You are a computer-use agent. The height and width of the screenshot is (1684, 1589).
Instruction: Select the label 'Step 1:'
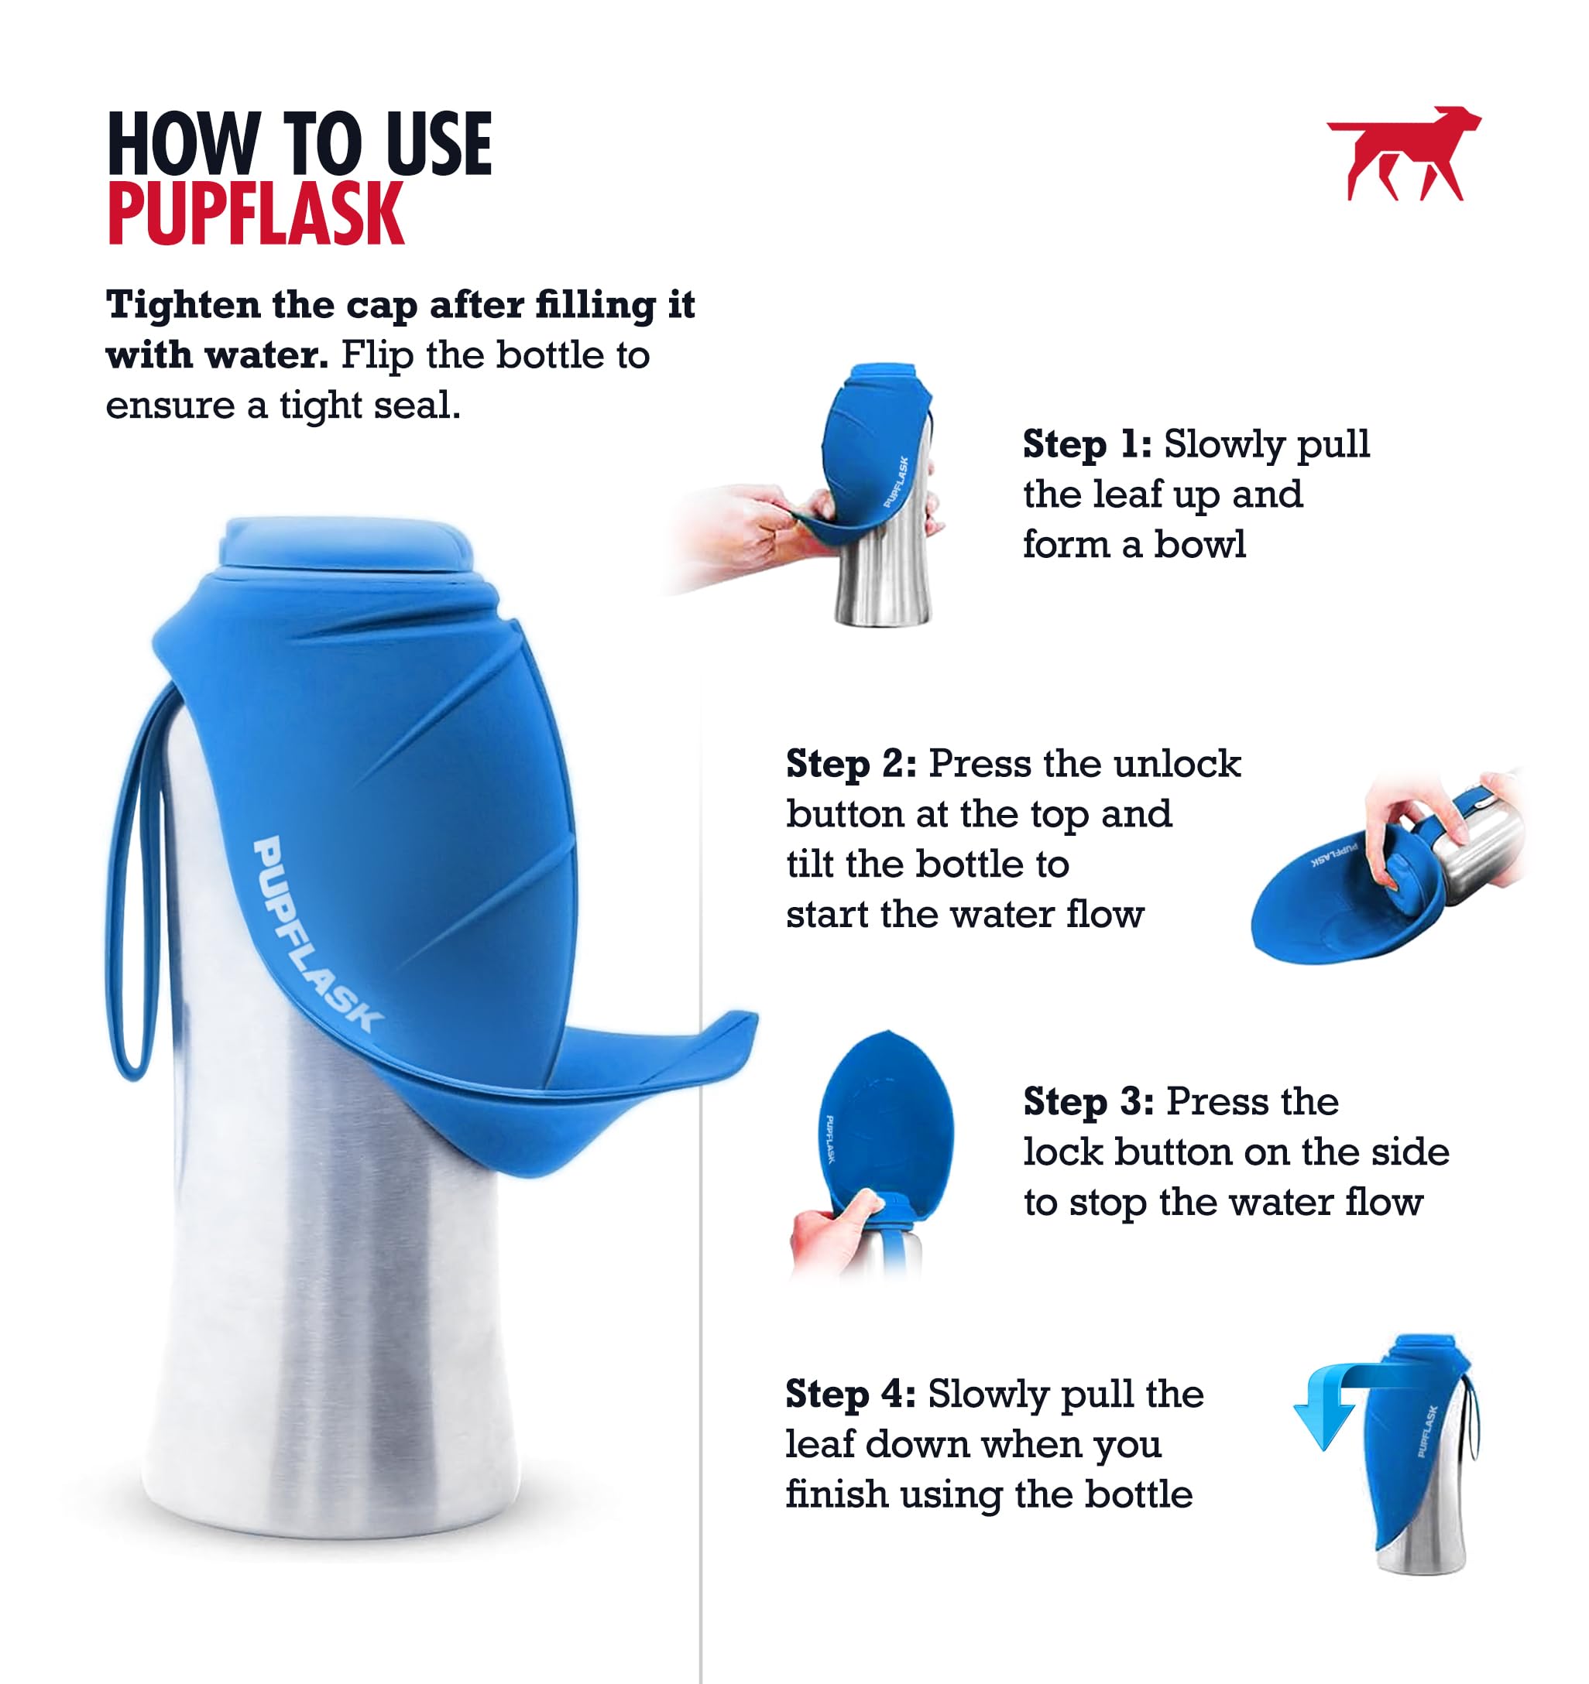(1086, 444)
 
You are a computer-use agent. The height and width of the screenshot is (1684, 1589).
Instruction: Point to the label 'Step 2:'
(850, 763)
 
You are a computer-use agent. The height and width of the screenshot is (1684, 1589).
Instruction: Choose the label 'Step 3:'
(1087, 1101)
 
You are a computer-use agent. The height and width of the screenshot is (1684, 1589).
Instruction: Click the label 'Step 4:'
(850, 1394)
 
